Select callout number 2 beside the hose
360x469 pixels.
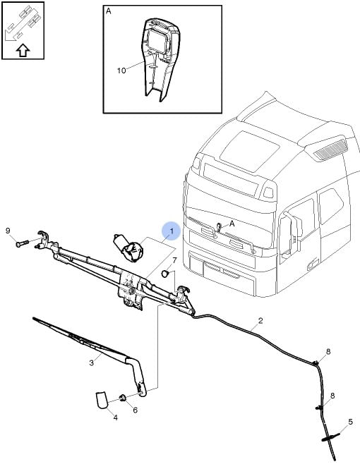point(260,321)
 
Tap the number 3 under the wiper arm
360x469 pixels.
point(91,363)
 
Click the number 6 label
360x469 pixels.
point(135,410)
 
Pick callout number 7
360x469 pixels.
point(174,260)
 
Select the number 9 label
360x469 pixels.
point(8,231)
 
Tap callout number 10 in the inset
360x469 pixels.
point(121,71)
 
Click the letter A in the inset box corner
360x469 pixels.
point(109,11)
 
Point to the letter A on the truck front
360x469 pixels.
point(232,223)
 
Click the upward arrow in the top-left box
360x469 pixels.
point(23,50)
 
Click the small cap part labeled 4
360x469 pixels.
point(100,399)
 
